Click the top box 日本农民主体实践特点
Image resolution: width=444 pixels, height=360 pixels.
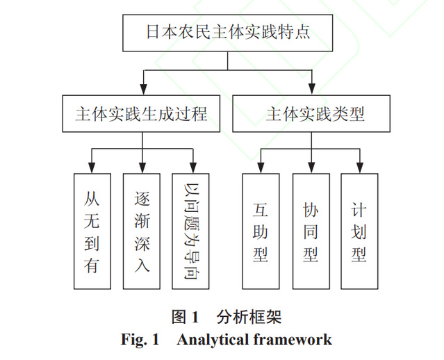tap(227, 32)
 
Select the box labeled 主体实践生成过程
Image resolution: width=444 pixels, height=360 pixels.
tap(142, 113)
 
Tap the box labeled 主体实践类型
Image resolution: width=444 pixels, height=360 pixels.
tap(312, 113)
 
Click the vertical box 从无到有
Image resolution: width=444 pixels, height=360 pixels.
tap(92, 231)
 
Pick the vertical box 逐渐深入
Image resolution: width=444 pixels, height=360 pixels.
tap(142, 231)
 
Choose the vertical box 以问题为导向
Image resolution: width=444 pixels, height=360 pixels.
tap(191, 231)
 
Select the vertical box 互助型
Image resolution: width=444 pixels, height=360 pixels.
tap(261, 231)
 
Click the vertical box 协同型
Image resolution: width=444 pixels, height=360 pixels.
tap(311, 231)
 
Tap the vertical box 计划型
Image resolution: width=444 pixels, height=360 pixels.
tap(359, 231)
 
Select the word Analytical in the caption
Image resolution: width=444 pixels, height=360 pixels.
tap(208, 340)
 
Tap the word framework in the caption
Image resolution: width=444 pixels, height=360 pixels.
tap(293, 340)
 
